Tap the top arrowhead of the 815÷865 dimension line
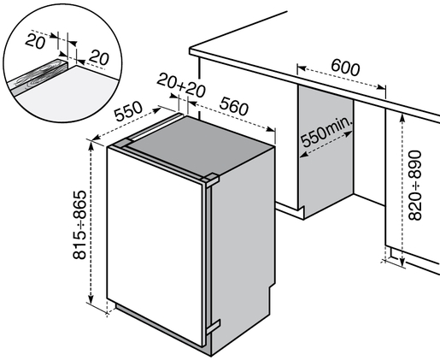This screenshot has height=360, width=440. point(91,143)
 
